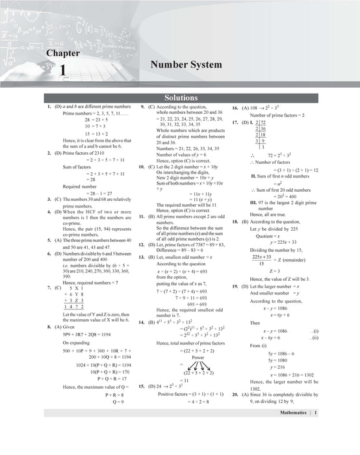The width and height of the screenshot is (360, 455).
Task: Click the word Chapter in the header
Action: pyautogui.click(x=63, y=53)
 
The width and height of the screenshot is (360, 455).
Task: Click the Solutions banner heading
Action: pyautogui.click(x=180, y=98)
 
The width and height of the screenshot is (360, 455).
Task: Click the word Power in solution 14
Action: pyautogui.click(x=198, y=357)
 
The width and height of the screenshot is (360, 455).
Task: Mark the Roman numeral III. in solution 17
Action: pyautogui.click(x=254, y=202)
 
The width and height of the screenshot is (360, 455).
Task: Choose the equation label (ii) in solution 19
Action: pyautogui.click(x=316, y=338)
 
